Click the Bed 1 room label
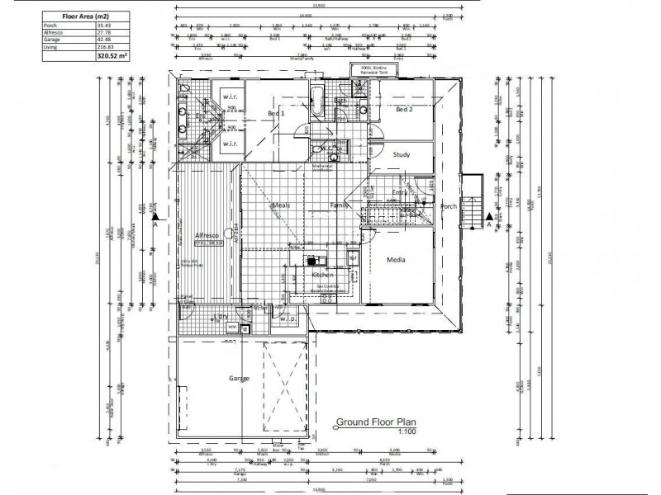point(277,113)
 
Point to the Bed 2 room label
point(403,110)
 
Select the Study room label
point(402,154)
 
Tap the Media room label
point(397,261)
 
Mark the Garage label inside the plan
point(239,378)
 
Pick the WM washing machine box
point(233,328)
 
